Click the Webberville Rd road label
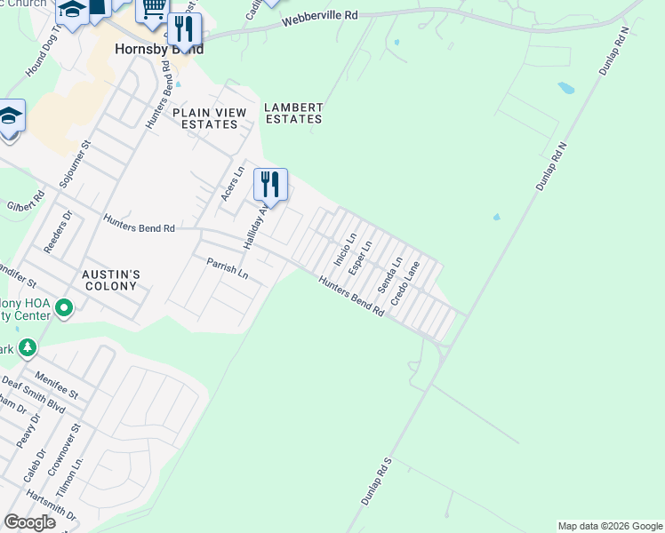pos(321,16)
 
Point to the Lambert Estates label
pos(293,113)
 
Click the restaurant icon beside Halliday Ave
pos(271,185)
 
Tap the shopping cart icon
pos(153,10)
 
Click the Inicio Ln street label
pos(344,250)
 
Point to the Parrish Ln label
pos(228,267)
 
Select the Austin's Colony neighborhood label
pos(110,280)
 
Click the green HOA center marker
pos(63,309)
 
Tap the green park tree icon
pos(28,347)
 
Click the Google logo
pos(29,521)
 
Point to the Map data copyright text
pos(608,526)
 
